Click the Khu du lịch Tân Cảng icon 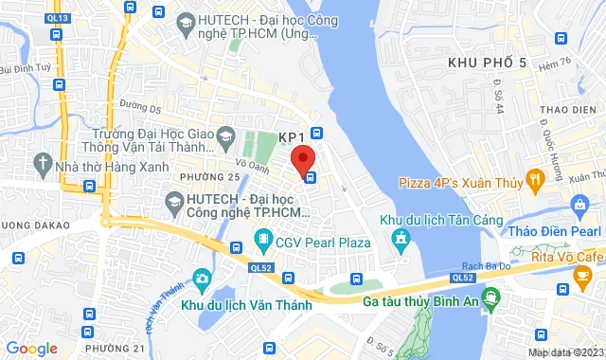[402, 237]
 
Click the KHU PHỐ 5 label [487, 63]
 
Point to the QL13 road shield [58, 18]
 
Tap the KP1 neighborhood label [291, 138]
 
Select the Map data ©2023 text [564, 352]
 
